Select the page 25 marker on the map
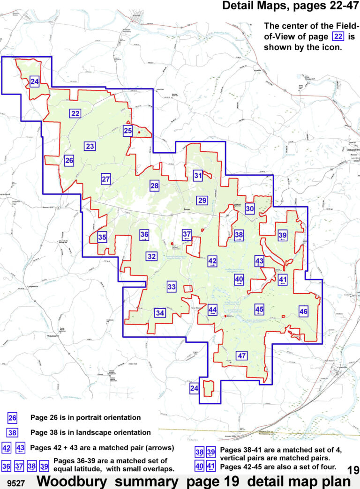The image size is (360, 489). [x=127, y=132]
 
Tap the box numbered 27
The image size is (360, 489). [x=106, y=179]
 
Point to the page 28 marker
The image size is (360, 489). [x=155, y=186]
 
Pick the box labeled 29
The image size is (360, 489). [x=202, y=200]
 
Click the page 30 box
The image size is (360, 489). [x=250, y=209]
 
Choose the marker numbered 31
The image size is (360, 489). [x=198, y=176]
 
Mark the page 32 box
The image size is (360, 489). [x=151, y=257]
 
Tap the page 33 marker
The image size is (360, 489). [x=172, y=287]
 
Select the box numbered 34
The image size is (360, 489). [x=160, y=313]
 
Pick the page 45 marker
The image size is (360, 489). [x=259, y=309]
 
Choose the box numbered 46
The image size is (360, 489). [x=303, y=311]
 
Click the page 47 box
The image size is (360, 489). [x=242, y=356]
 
